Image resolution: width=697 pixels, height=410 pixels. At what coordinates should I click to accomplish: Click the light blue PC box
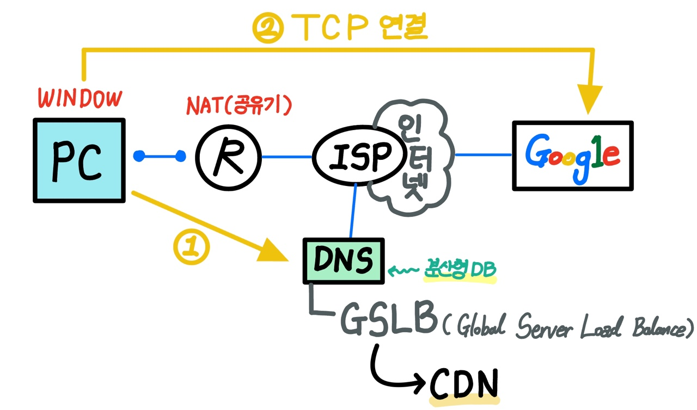click(x=80, y=160)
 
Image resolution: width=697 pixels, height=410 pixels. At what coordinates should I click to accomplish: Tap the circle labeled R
click(x=227, y=157)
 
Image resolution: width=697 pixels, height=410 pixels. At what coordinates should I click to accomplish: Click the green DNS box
click(x=343, y=261)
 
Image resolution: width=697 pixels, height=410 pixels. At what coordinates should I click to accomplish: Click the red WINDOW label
click(x=80, y=99)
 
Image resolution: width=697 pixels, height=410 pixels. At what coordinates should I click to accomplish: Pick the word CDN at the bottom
click(x=464, y=384)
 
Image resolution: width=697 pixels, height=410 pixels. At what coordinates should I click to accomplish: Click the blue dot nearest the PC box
click(x=139, y=157)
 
